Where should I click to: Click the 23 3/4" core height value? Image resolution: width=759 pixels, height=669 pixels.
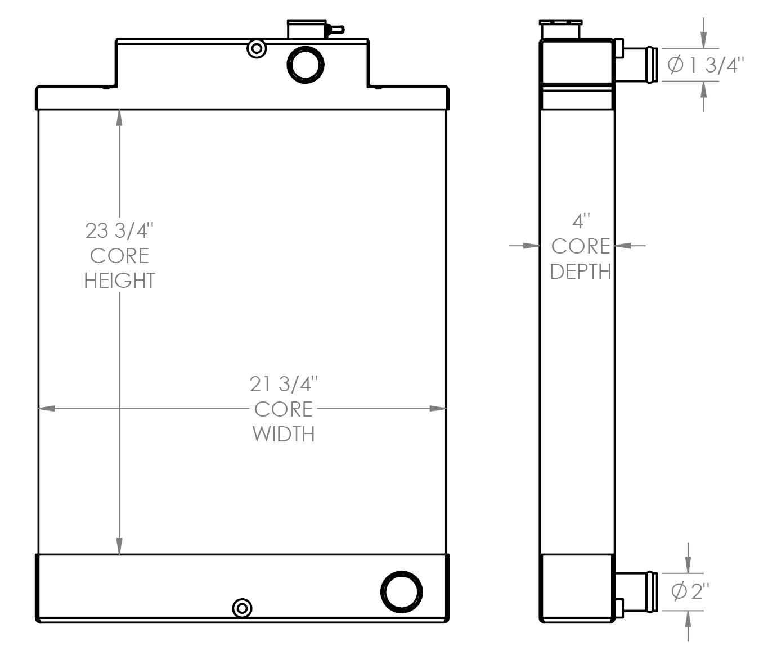pos(119,230)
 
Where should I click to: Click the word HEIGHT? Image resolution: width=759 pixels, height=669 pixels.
pos(119,281)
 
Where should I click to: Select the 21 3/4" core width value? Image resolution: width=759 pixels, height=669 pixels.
pos(284,385)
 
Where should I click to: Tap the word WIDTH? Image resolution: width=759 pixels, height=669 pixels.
pos(284,434)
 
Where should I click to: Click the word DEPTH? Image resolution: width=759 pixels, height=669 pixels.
pos(581,271)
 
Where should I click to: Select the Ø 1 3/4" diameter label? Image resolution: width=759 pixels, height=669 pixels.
pos(705,65)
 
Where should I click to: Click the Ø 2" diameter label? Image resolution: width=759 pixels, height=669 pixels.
pos(690,591)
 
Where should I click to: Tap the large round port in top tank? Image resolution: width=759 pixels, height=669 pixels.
pos(306,64)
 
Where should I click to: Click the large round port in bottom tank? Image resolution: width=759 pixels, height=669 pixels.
pos(402,591)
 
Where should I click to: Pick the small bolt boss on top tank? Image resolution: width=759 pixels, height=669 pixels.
pos(257,49)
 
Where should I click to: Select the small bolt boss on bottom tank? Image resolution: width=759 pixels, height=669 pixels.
pos(242,608)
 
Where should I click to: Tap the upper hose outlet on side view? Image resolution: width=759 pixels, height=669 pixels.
pos(640,64)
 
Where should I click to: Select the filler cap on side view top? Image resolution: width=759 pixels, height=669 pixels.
pos(561,29)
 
